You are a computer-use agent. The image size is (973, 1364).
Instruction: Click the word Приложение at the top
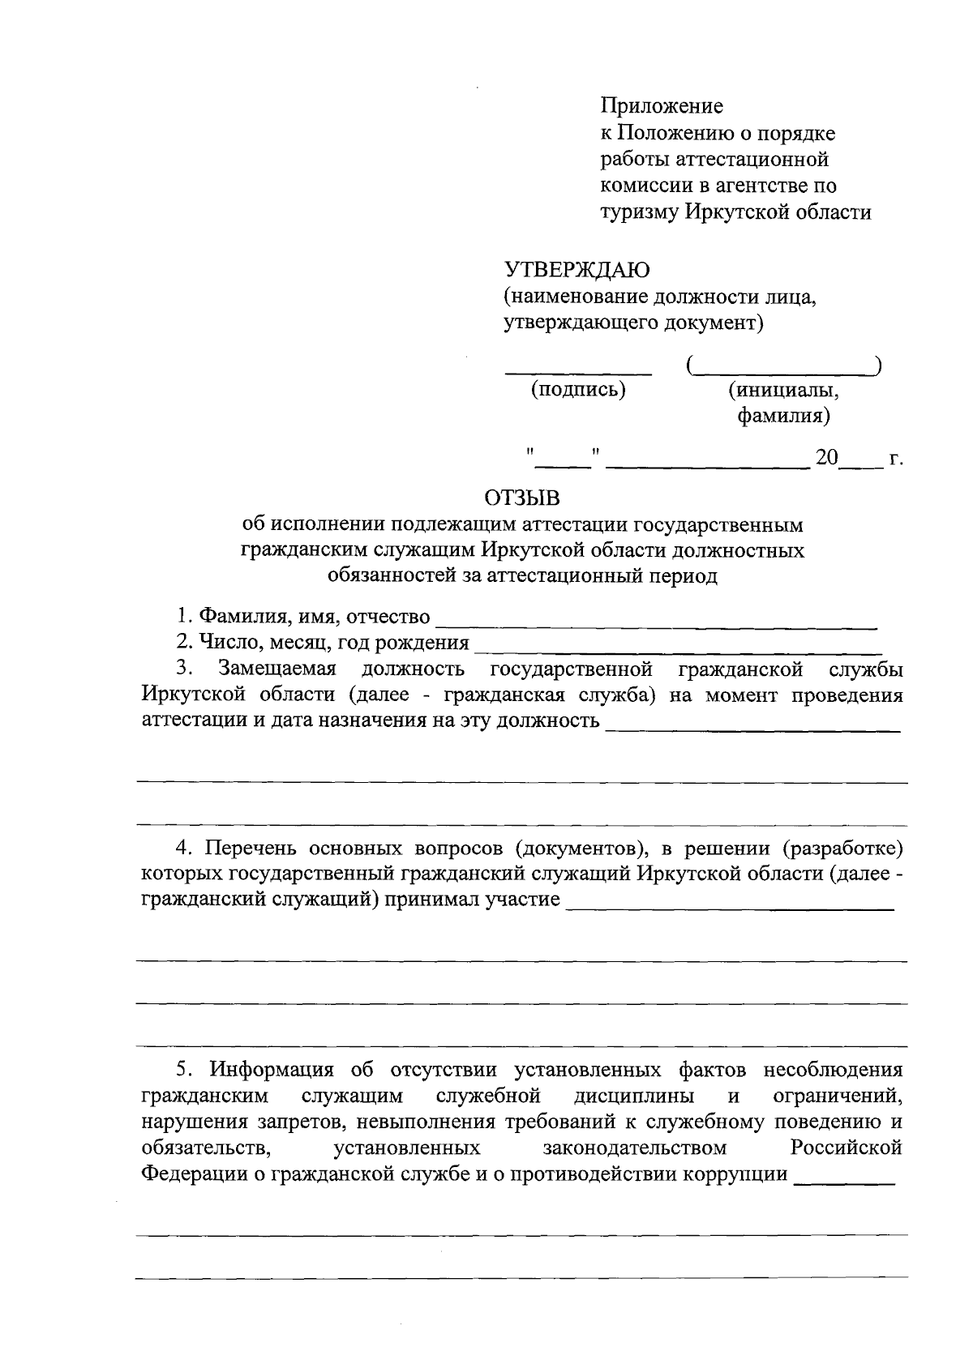662,106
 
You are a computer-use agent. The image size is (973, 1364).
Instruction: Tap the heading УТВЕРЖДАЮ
577,269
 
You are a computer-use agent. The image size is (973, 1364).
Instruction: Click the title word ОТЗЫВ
522,497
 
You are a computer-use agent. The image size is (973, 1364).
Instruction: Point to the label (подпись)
578,390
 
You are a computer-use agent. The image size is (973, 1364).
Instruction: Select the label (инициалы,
783,391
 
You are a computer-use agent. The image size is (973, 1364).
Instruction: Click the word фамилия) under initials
783,417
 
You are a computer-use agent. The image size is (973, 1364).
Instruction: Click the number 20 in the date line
827,458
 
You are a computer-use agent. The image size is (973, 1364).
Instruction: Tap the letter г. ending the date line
895,459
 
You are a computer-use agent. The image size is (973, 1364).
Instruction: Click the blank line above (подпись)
578,371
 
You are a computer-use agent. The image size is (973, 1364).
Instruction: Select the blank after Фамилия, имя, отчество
657,624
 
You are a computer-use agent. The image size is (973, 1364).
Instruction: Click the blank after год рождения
678,650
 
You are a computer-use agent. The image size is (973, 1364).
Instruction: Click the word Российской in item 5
847,1148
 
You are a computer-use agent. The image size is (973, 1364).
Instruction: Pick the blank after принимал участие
730,908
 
